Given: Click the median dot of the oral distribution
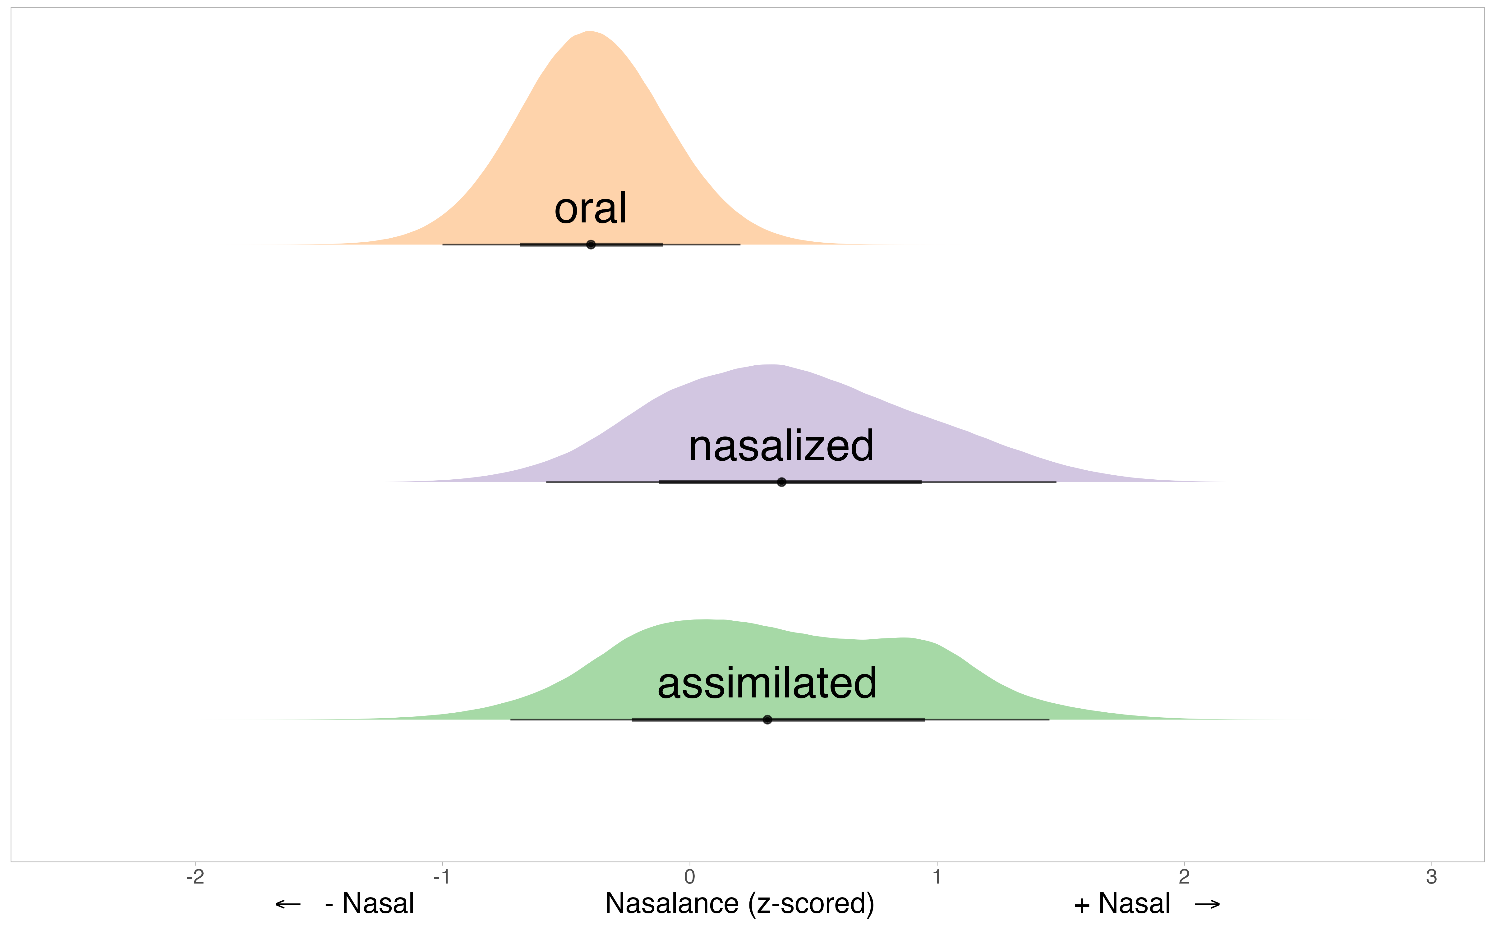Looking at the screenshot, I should [x=591, y=245].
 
